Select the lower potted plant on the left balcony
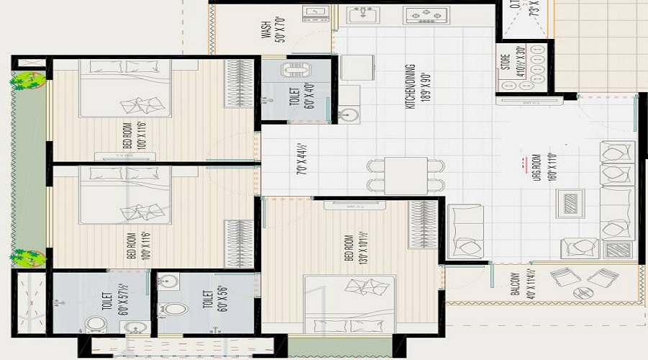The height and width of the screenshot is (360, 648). pos(25,257)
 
